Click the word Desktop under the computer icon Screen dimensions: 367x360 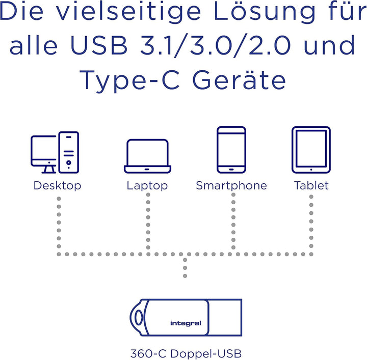click(x=57, y=186)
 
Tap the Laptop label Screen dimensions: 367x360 click(x=147, y=186)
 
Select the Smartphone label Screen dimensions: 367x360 click(x=231, y=186)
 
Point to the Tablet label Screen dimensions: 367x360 click(x=311, y=186)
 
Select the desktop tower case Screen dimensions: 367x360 click(x=69, y=133)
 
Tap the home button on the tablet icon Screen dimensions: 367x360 click(x=311, y=170)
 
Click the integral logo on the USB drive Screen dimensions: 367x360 click(x=186, y=323)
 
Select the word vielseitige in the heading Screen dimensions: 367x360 click(x=129, y=12)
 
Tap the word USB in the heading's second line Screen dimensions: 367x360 click(x=99, y=45)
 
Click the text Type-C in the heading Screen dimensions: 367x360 click(x=129, y=80)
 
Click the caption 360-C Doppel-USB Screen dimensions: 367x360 click(x=186, y=353)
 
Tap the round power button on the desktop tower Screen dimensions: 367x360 click(x=69, y=162)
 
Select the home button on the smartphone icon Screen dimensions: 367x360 click(x=231, y=170)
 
